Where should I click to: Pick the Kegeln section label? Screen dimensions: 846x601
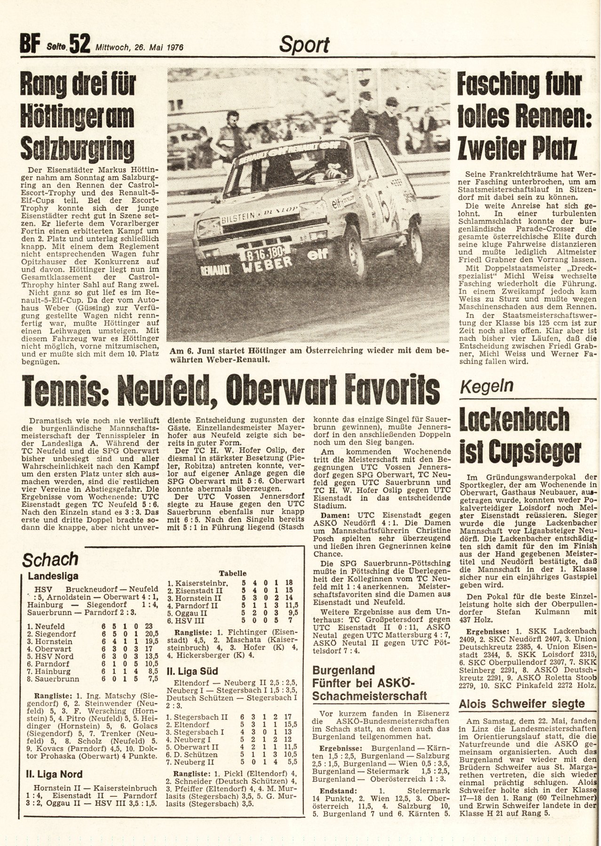482,386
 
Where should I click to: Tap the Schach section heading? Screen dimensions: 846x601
50,560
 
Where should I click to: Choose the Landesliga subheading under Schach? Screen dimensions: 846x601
53,576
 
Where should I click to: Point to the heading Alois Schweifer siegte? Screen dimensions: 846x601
522,704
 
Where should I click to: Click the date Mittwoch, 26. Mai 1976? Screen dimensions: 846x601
139,47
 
